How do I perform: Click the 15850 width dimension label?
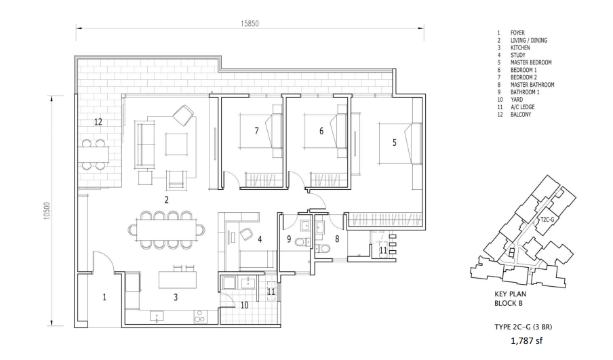click(x=250, y=24)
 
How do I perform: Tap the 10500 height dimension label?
click(x=47, y=211)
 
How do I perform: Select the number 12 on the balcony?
click(x=98, y=122)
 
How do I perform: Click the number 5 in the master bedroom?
click(x=395, y=142)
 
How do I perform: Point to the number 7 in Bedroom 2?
click(x=256, y=131)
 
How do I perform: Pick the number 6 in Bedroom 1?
click(x=321, y=131)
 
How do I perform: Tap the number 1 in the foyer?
click(x=104, y=298)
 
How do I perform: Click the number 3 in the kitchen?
click(x=176, y=298)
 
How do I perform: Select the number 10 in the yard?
click(x=244, y=305)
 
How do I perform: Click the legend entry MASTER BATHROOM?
click(x=532, y=85)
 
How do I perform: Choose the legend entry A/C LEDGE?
click(x=522, y=106)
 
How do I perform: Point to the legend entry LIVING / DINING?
click(x=528, y=40)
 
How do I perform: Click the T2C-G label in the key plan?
click(x=547, y=220)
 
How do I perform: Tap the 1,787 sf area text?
click(x=527, y=341)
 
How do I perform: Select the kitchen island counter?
click(x=178, y=280)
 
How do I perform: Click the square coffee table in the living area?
click(x=176, y=144)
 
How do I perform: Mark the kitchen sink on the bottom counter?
click(x=157, y=316)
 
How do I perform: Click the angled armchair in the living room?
click(x=183, y=115)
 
